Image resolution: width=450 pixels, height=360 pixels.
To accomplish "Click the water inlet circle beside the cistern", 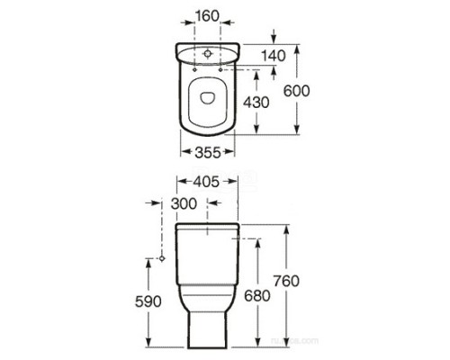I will click(x=161, y=258).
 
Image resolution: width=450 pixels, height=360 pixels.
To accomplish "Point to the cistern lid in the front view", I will click(x=208, y=228).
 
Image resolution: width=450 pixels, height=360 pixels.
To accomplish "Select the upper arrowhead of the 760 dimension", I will click(x=285, y=227).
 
